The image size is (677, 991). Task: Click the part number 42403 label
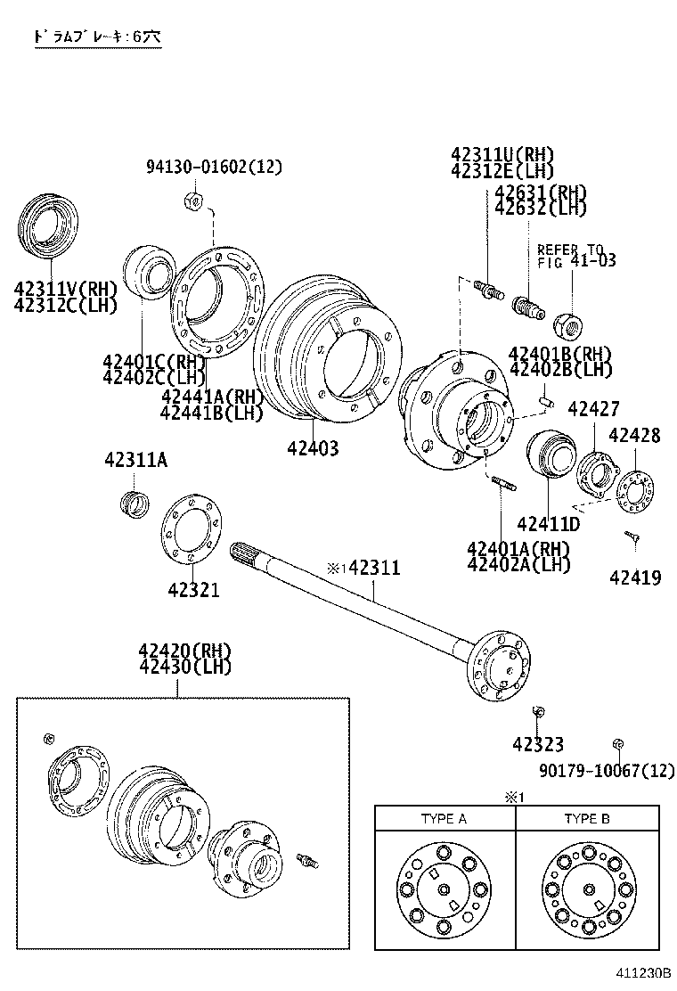click(x=313, y=448)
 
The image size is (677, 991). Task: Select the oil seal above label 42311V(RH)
click(x=50, y=229)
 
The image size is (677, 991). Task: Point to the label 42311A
click(x=135, y=460)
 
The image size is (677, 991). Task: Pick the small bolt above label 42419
click(x=632, y=536)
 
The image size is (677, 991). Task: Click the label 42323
click(x=537, y=744)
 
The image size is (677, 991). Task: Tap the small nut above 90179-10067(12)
click(x=616, y=743)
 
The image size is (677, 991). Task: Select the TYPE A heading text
click(x=444, y=818)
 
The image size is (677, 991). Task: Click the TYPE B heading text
click(x=587, y=818)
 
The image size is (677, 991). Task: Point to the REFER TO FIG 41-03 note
click(x=570, y=255)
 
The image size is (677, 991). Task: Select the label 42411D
click(x=548, y=523)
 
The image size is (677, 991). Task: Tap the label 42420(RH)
click(x=184, y=650)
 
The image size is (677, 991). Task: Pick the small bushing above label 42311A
click(x=133, y=501)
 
